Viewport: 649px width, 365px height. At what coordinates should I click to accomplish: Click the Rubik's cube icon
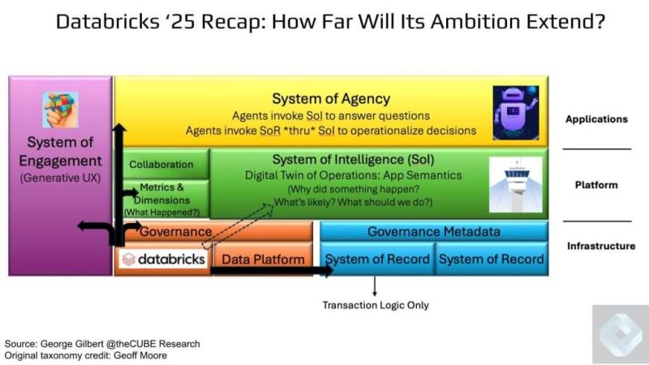point(60,109)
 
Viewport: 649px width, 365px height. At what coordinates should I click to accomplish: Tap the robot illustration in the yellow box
point(516,113)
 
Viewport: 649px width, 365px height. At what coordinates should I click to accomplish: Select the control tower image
point(516,185)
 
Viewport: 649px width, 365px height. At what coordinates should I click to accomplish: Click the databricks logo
point(164,260)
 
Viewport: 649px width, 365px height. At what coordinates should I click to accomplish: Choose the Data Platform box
point(263,260)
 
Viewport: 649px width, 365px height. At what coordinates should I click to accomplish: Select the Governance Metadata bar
point(434,231)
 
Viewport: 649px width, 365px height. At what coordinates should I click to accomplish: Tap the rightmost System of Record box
point(492,259)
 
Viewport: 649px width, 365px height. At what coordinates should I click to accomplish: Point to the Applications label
point(596,119)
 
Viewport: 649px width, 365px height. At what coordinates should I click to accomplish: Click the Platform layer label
point(596,185)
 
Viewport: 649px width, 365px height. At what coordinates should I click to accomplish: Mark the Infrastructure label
point(601,247)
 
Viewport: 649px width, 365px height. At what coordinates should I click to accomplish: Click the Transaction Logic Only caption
point(376,306)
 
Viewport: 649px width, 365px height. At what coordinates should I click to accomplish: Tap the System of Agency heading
point(331,99)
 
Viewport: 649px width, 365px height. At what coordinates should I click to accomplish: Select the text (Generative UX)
point(60,178)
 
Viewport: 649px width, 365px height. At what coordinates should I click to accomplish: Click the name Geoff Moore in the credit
point(140,355)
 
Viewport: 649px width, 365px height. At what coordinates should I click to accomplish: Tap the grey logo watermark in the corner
point(621,334)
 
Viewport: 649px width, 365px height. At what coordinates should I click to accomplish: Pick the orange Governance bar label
point(175,231)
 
